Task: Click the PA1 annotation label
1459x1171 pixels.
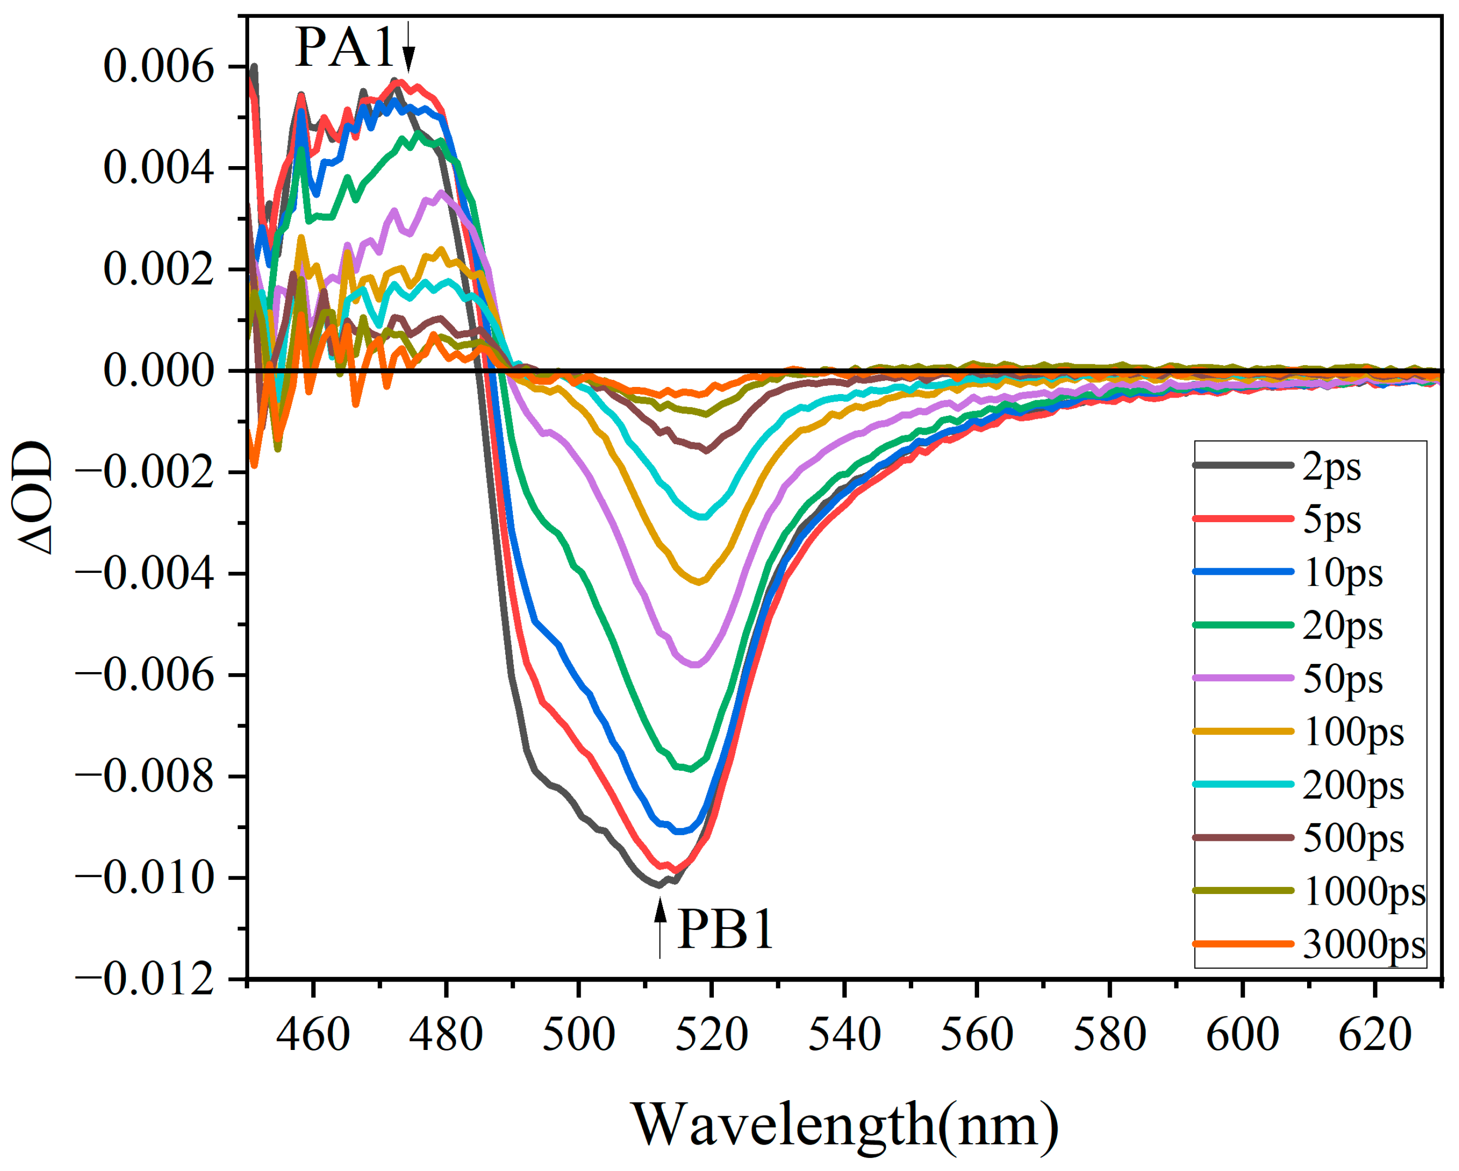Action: point(344,48)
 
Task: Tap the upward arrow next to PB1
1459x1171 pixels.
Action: point(660,927)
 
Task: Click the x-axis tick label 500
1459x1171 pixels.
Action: point(579,1035)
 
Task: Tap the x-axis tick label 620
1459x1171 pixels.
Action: point(1374,1035)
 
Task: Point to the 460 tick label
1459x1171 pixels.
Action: point(313,1035)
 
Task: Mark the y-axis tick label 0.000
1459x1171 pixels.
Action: point(158,371)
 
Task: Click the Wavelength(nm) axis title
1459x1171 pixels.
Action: point(844,1125)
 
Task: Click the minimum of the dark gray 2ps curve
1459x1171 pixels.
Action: point(658,885)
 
